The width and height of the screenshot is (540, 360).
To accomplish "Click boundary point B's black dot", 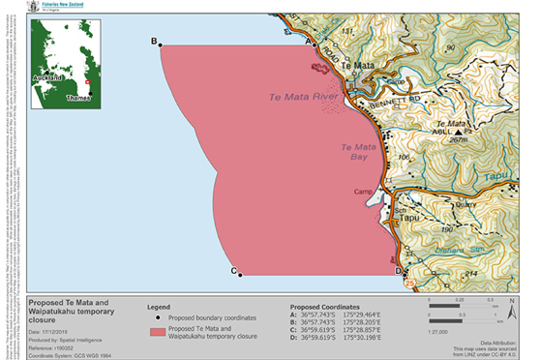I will pyautogui.click(x=160, y=44).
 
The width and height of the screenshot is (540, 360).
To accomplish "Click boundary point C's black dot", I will pyautogui.click(x=240, y=275).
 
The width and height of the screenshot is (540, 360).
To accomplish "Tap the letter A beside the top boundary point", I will pyautogui.click(x=309, y=43).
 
